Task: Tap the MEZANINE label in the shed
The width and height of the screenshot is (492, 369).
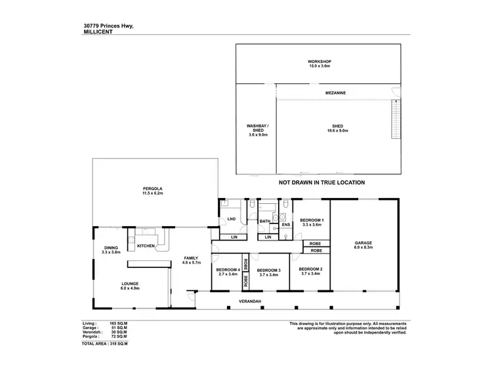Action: point(335,94)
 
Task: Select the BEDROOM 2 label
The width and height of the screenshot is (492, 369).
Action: point(311,269)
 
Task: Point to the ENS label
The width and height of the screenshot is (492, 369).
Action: point(285,225)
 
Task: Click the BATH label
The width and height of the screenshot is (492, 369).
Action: point(264,222)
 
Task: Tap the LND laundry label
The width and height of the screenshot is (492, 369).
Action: point(231,219)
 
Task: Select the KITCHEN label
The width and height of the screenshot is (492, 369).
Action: point(146,245)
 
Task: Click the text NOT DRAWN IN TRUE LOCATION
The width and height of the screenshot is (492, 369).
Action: point(321,183)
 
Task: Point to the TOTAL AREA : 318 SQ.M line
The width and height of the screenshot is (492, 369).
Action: point(106,343)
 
